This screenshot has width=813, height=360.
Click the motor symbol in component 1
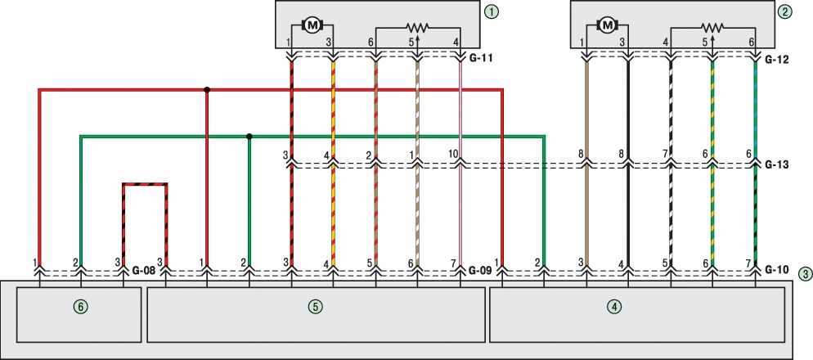[x=312, y=25]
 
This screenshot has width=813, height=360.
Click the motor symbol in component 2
[x=607, y=25]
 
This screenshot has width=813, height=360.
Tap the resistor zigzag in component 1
[x=418, y=27]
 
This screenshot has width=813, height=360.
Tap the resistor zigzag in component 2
[x=713, y=27]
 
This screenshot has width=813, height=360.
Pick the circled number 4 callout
[x=614, y=307]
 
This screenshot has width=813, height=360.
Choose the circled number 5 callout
[x=315, y=307]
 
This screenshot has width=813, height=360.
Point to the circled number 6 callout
[x=80, y=307]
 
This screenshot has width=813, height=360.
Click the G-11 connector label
[x=480, y=59]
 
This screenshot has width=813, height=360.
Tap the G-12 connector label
[x=776, y=59]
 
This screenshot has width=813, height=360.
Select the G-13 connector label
[x=776, y=165]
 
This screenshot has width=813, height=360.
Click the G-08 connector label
[x=143, y=270]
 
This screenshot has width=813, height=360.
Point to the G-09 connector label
[x=480, y=270]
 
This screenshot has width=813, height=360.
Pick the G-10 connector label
[x=776, y=270]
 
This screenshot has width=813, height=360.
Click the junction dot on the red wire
[x=207, y=90]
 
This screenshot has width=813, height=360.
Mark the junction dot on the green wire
[x=249, y=137]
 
